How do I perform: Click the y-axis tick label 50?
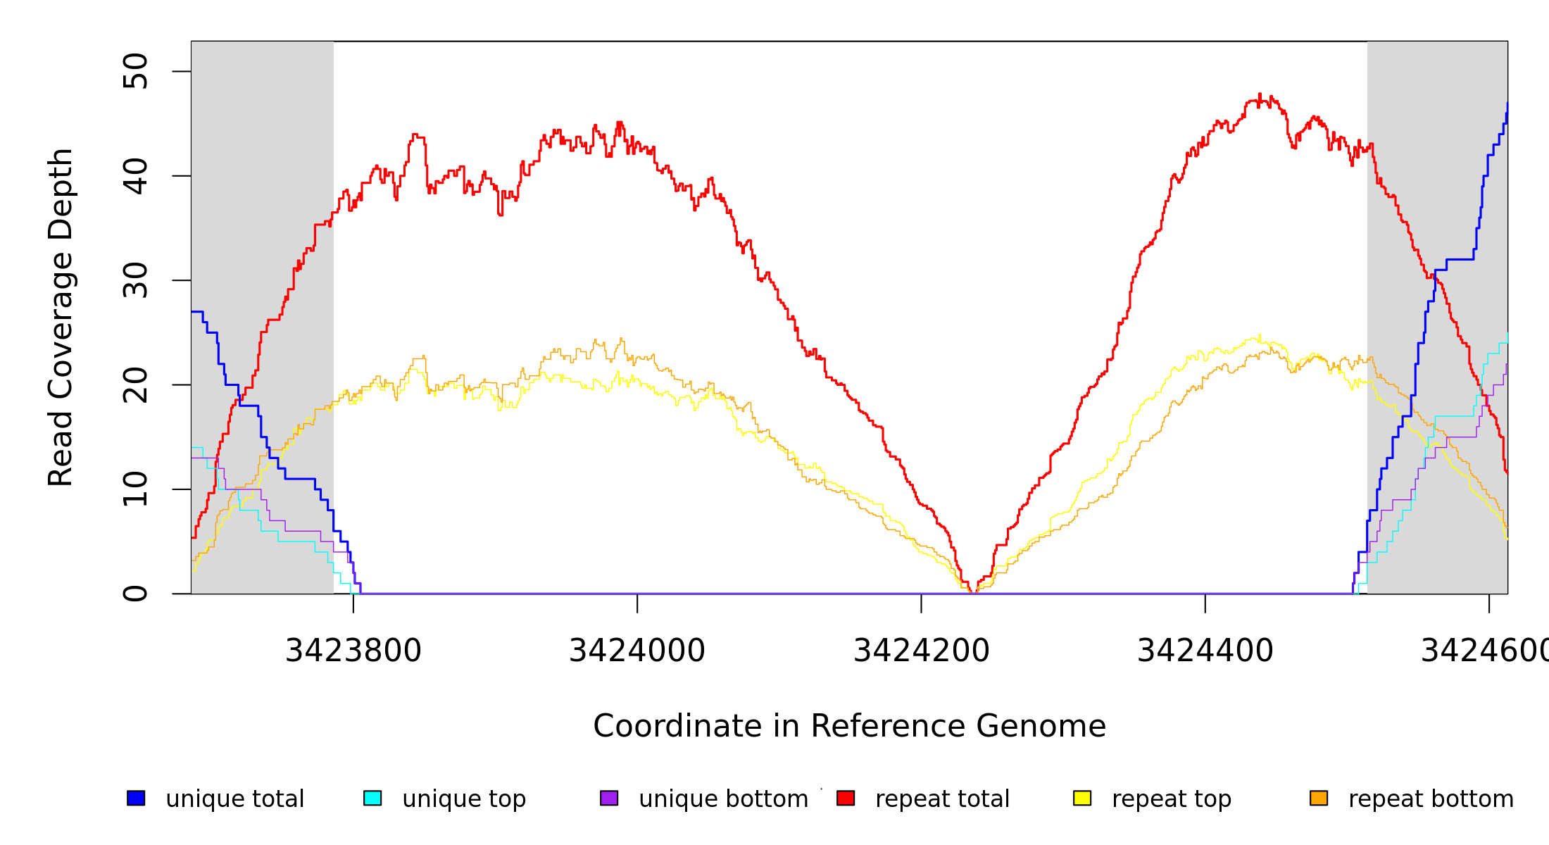pyautogui.click(x=135, y=71)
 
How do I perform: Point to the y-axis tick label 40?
pyautogui.click(x=135, y=176)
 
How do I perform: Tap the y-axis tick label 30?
pyautogui.click(x=135, y=280)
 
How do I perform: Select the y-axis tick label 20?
pyautogui.click(x=135, y=384)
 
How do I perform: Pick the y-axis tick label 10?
pyautogui.click(x=135, y=489)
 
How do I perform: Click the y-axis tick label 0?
pyautogui.click(x=135, y=594)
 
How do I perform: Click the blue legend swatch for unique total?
pyautogui.click(x=136, y=798)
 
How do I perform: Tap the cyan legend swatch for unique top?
pyautogui.click(x=372, y=798)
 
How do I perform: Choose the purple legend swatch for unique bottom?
pyautogui.click(x=609, y=798)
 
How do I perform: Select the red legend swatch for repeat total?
pyautogui.click(x=846, y=798)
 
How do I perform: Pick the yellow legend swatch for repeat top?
pyautogui.click(x=1082, y=798)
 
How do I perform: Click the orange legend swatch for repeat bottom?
pyautogui.click(x=1319, y=798)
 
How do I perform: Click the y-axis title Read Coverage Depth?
pyautogui.click(x=61, y=317)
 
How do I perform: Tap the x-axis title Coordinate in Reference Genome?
pyautogui.click(x=849, y=726)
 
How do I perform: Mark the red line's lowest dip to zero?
pyautogui.click(x=972, y=592)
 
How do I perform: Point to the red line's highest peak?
pyautogui.click(x=1260, y=94)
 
